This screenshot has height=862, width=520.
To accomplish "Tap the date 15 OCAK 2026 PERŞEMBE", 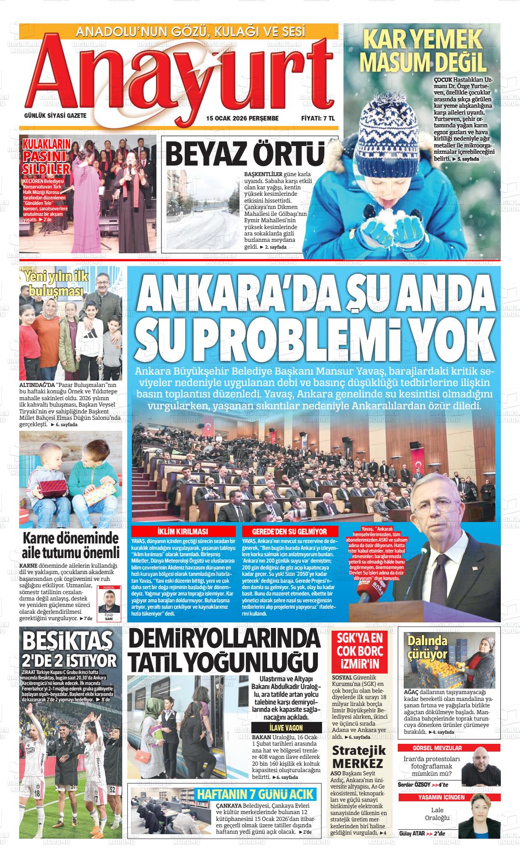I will coord(242,118).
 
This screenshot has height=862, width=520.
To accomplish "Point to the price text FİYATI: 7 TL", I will coord(318,118).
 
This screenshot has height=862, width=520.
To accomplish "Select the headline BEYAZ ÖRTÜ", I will coord(245,154).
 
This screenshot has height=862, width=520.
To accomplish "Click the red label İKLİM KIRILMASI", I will coord(182,532).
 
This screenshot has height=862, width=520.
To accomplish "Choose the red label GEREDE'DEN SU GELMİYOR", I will coord(290,532).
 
